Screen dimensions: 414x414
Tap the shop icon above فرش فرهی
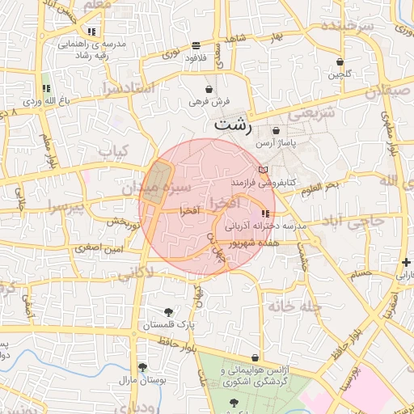pos(209,89)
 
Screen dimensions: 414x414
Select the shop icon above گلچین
pos(340,61)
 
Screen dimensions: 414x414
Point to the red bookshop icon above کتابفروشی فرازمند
pos(261,169)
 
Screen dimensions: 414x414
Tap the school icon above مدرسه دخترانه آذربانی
pos(266,213)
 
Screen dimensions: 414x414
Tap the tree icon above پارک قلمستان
pos(168,311)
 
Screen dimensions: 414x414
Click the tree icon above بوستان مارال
pos(142,366)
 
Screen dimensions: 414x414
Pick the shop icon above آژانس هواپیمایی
pos(256,357)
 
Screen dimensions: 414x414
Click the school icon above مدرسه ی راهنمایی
pos(92,31)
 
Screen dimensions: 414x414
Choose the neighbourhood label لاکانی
pos(135,274)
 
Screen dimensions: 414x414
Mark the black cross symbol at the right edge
pos(406,262)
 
